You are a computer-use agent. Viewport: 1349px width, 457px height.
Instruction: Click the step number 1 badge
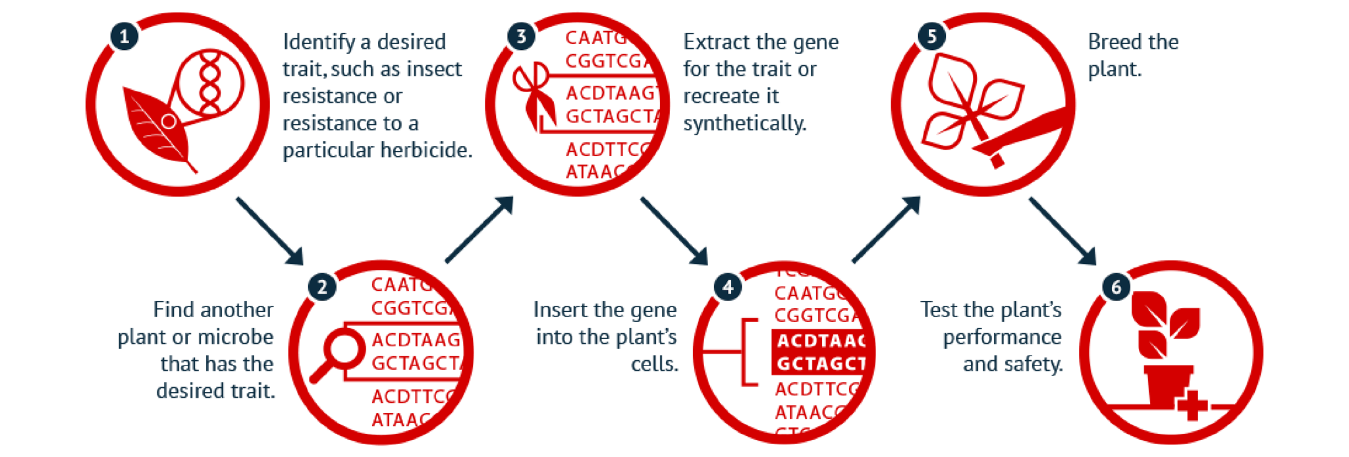click(123, 36)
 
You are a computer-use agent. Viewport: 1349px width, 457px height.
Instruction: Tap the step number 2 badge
click(322, 287)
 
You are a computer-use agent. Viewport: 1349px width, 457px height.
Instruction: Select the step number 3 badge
click(521, 36)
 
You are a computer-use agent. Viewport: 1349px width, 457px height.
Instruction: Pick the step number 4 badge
click(727, 287)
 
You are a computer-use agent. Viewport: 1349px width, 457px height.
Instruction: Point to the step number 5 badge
click(931, 36)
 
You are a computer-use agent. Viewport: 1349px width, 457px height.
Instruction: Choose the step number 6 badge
click(1116, 287)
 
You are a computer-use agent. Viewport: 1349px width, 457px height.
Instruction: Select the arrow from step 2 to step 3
click(479, 229)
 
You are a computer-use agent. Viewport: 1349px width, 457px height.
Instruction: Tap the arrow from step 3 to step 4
click(673, 230)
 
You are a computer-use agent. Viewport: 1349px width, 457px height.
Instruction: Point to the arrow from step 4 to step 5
click(885, 229)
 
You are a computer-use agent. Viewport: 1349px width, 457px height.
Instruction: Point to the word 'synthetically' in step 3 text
click(744, 123)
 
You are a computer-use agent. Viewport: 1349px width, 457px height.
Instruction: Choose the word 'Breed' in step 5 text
click(1109, 42)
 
